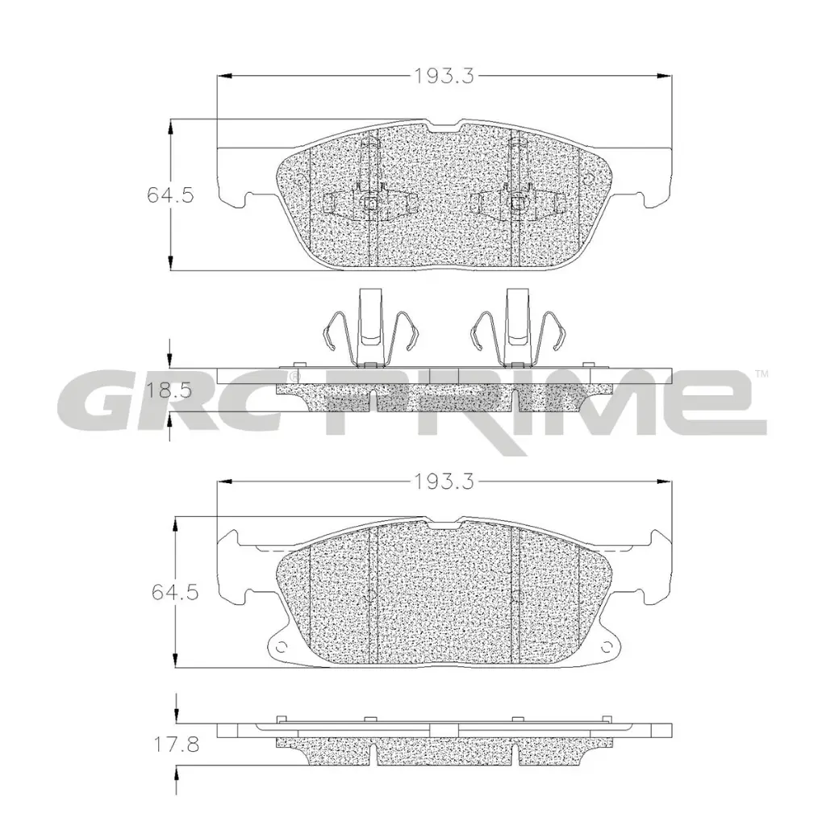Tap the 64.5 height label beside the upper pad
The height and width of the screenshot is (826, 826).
tap(170, 194)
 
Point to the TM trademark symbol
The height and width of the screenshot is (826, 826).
tap(761, 373)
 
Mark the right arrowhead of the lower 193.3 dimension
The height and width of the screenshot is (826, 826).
tap(666, 482)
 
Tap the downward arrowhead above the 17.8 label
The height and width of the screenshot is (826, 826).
tap(176, 718)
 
